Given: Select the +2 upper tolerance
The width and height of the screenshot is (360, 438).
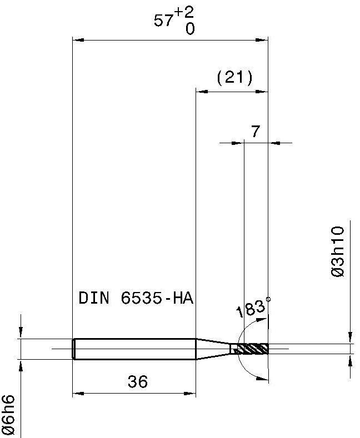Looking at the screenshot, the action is coord(185,13).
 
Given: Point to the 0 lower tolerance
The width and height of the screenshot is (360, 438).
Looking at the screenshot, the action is coord(190,28).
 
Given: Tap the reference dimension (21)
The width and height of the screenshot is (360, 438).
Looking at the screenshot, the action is coord(235,77).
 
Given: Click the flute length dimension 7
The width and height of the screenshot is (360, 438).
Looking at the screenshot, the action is coord(256,131).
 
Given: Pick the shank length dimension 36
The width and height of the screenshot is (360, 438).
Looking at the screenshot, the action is coord(138,381).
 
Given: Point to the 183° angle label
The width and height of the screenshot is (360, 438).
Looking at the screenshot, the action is coord(251,309).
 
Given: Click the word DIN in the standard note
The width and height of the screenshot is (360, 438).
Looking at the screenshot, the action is coord(94,298).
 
